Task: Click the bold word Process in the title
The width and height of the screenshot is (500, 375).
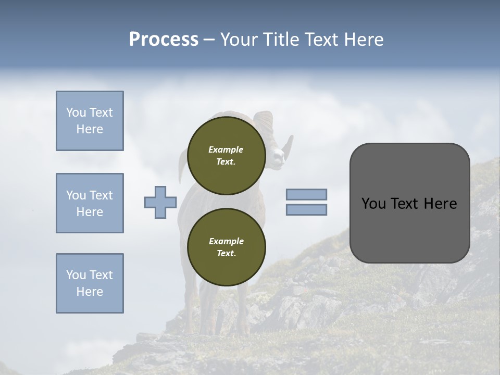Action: click(x=164, y=40)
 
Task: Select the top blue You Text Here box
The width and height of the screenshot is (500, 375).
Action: click(x=90, y=121)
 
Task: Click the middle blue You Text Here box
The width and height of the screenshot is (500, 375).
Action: click(x=90, y=203)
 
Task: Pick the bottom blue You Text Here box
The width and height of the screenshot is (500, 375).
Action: click(x=90, y=283)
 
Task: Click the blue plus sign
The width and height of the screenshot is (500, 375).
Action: click(x=160, y=202)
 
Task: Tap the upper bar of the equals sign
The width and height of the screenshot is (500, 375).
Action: click(x=307, y=194)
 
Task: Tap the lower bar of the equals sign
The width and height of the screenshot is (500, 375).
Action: click(x=307, y=209)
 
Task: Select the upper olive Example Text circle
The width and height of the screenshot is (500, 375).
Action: click(x=227, y=155)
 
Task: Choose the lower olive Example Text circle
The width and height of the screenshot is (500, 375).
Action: click(x=227, y=247)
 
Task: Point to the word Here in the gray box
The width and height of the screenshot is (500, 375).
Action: click(x=440, y=204)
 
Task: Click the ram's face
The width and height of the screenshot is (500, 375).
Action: click(x=279, y=153)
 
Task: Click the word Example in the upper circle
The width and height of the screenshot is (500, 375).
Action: click(x=226, y=149)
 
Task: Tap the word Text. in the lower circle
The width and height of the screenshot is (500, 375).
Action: click(x=226, y=253)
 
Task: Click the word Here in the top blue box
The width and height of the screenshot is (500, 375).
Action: click(x=90, y=129)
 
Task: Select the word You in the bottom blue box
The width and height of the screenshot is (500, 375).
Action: click(x=76, y=274)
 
